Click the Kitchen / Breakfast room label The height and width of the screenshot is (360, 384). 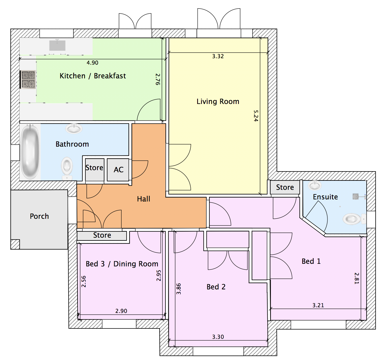tap(93, 76)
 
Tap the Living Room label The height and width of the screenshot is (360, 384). tap(218, 101)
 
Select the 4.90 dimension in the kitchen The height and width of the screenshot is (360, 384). tap(92, 63)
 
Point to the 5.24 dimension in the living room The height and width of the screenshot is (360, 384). tap(256, 116)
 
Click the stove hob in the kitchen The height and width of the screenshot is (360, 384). tap(28, 79)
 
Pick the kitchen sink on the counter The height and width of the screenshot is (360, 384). tap(57, 46)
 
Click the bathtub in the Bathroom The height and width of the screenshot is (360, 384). tap(30, 152)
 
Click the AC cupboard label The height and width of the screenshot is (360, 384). tap(119, 170)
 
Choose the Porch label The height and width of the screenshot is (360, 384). tap(39, 216)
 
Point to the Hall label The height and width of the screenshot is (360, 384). tap(143, 199)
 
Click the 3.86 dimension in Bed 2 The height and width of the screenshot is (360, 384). tap(179, 289)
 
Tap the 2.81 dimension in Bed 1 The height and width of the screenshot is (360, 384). tap(357, 278)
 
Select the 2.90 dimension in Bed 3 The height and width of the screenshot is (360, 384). tap(121, 311)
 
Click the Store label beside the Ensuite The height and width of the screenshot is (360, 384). tap(285, 187)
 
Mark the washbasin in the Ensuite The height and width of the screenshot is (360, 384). tap(315, 185)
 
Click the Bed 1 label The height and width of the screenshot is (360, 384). tap(311, 261)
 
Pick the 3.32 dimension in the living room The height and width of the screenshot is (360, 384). tap(218, 56)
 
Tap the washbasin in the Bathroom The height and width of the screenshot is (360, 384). tap(74, 128)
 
